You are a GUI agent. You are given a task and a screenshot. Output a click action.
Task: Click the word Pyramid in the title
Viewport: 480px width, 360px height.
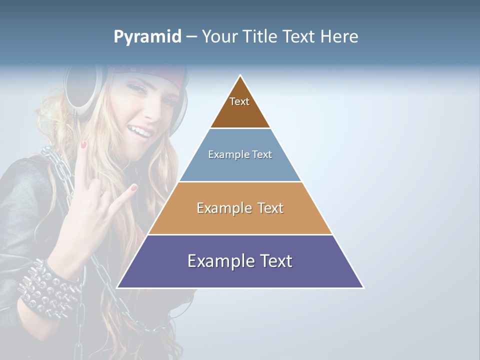pyautogui.click(x=147, y=37)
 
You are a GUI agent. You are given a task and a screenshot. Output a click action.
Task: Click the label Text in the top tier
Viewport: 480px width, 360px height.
pyautogui.click(x=239, y=101)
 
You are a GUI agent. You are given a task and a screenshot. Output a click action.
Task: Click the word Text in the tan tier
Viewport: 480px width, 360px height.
pyautogui.click(x=271, y=208)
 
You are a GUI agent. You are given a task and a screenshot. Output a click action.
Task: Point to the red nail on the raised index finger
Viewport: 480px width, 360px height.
pyautogui.click(x=84, y=144)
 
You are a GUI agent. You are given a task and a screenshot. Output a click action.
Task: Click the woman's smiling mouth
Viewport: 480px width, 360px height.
pyautogui.click(x=141, y=132)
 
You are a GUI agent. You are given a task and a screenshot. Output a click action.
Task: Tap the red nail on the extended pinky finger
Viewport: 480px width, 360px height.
pyautogui.click(x=133, y=188)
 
